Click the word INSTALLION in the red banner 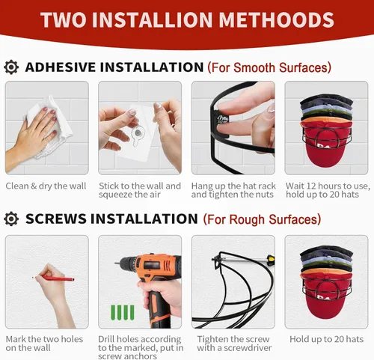tap(152, 19)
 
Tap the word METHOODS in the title tap(276, 19)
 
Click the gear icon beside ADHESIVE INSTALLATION tap(11, 67)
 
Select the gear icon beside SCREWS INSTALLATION tap(11, 219)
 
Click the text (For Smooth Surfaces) tap(269, 67)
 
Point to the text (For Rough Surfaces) tap(262, 219)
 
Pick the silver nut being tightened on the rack tap(223, 120)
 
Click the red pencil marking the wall tap(53, 278)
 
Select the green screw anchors tap(123, 312)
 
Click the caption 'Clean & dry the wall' tap(46, 186)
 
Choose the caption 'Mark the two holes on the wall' tap(44, 344)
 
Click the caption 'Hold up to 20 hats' tap(326, 339)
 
